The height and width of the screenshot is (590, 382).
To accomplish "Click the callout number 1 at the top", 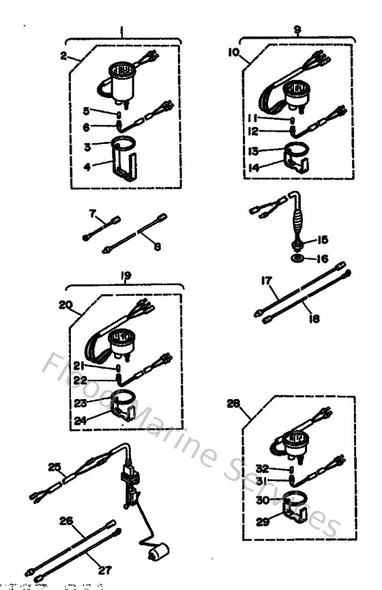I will pyautogui.click(x=121, y=31).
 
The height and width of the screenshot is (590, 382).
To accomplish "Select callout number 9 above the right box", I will pyautogui.click(x=297, y=30).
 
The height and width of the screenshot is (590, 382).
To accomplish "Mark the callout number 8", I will pyautogui.click(x=157, y=246).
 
